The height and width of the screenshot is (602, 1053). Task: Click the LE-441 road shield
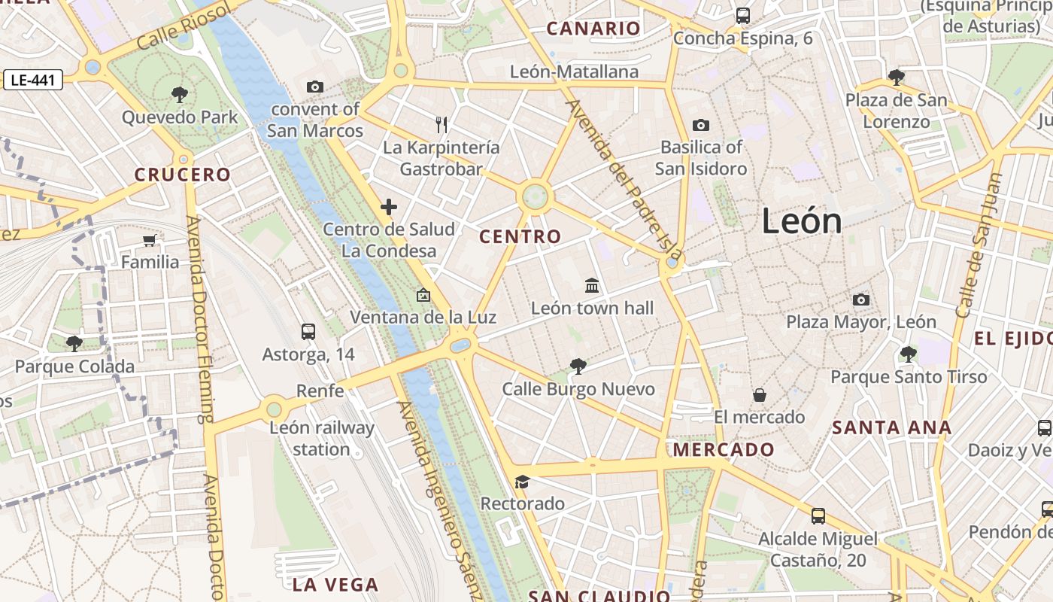pyautogui.click(x=32, y=80)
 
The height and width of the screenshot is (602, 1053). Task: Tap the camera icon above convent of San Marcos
pyautogui.click(x=315, y=87)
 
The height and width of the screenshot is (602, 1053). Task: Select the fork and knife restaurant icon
pyautogui.click(x=442, y=124)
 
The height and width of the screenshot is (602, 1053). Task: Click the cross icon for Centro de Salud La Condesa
pyautogui.click(x=389, y=207)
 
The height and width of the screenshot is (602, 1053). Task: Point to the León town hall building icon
pyautogui.click(x=592, y=286)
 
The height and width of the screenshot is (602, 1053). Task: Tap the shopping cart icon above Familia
pyautogui.click(x=150, y=240)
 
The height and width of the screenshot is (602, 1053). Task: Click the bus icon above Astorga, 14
pyautogui.click(x=308, y=332)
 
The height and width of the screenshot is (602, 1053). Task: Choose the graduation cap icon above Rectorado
pyautogui.click(x=522, y=482)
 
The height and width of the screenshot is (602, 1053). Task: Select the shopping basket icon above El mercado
pyautogui.click(x=760, y=395)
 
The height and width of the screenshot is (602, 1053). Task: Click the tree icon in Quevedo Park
pyautogui.click(x=179, y=95)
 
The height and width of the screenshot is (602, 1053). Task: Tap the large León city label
pyautogui.click(x=801, y=221)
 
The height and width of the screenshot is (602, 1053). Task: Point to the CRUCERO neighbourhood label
pyautogui.click(x=183, y=175)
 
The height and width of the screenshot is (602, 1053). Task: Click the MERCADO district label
pyautogui.click(x=724, y=450)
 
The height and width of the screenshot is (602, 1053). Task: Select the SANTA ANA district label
pyautogui.click(x=892, y=428)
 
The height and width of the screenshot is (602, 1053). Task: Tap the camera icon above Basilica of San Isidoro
pyautogui.click(x=701, y=125)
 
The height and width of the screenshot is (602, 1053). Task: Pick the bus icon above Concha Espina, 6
pyautogui.click(x=743, y=15)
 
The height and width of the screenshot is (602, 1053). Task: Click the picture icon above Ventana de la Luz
pyautogui.click(x=423, y=295)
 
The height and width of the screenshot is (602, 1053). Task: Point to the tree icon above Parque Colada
pyautogui.click(x=74, y=344)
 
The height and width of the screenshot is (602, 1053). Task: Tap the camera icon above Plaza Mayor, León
pyautogui.click(x=861, y=299)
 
